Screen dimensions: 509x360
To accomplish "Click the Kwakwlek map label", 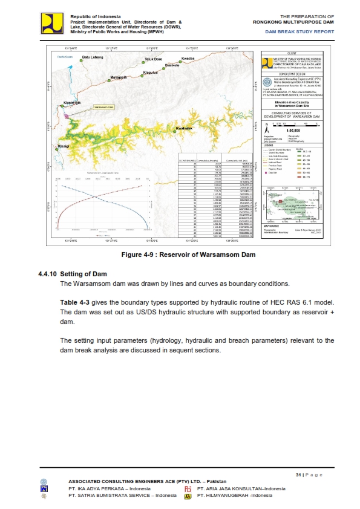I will tap(184, 129).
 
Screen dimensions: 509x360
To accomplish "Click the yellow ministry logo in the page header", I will tap(53, 22).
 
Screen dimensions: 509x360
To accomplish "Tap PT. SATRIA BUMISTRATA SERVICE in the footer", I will tap(118, 496).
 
